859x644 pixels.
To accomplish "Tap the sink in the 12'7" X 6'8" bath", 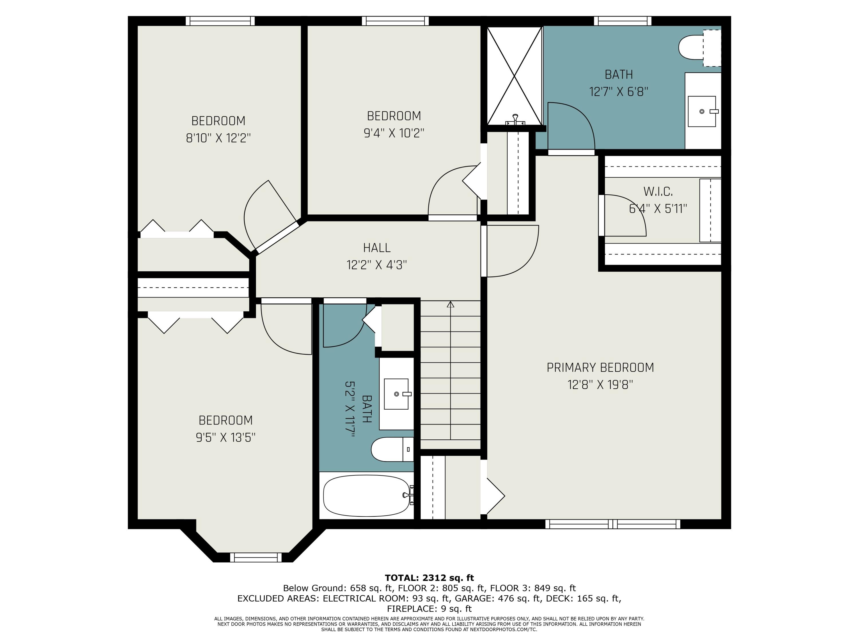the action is click(x=702, y=111).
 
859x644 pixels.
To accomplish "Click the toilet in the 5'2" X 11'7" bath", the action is click(x=392, y=449).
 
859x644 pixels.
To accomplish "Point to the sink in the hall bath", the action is click(x=396, y=394).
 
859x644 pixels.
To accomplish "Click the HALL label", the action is click(x=377, y=248).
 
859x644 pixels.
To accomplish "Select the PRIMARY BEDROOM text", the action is click(x=600, y=368).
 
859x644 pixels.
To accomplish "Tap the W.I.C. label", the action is click(x=658, y=191).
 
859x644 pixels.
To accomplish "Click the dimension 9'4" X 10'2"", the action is click(x=394, y=133).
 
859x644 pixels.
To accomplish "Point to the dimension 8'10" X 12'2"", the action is click(x=218, y=138).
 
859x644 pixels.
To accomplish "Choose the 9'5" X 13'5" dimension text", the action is click(x=226, y=437).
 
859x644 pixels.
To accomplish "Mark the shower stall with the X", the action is click(x=514, y=76).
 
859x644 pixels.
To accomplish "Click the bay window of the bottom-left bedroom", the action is click(x=256, y=558).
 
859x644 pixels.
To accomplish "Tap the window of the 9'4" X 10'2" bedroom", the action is click(x=395, y=21).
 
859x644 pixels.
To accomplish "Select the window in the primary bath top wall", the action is click(x=622, y=21).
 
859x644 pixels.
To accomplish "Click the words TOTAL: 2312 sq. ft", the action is click(x=429, y=578).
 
